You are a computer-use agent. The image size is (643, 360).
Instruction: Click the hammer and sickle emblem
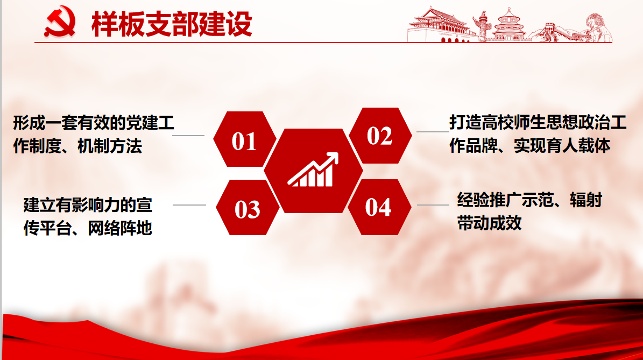(60, 22)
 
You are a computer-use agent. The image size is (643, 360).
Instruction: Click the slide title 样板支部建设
(172, 24)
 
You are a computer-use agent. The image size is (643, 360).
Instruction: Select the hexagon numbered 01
(245, 139)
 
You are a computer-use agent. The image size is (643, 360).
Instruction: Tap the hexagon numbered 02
(380, 136)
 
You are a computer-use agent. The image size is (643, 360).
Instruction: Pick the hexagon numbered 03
(248, 208)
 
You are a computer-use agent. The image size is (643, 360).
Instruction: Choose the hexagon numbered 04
(379, 207)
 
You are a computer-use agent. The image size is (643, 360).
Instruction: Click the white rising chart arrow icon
(313, 170)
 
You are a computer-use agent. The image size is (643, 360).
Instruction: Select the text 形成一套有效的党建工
(94, 123)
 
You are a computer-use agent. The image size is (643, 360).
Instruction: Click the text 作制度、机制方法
(78, 146)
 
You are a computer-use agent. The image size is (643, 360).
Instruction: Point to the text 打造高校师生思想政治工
(538, 122)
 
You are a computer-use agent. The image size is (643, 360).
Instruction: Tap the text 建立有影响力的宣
(88, 205)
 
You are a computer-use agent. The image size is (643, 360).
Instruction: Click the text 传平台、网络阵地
(88, 228)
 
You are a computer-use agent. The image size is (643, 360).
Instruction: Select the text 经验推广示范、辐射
(530, 200)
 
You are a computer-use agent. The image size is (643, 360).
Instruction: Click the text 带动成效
(489, 223)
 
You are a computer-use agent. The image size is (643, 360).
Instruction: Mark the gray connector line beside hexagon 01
(188, 135)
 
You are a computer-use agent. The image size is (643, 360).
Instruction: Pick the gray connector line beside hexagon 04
(433, 205)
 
